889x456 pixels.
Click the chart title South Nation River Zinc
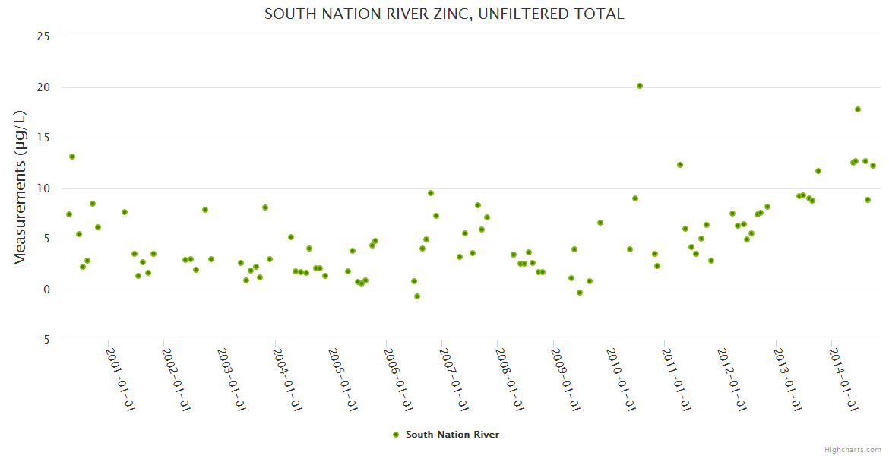[444, 14]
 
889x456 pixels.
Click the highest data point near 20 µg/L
[640, 86]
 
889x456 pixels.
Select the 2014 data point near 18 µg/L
[858, 109]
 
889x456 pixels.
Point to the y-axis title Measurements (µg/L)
[21, 188]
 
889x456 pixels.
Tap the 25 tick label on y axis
[43, 36]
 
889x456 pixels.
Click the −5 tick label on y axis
[41, 340]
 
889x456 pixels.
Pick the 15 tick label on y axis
[43, 138]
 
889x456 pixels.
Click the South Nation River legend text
[452, 435]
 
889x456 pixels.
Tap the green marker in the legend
[395, 435]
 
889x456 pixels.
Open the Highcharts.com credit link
[853, 449]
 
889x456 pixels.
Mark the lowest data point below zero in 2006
[417, 296]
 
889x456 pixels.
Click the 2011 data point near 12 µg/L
[680, 165]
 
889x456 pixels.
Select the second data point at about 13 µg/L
[72, 157]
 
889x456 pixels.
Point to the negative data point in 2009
[580, 293]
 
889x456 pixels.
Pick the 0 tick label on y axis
[46, 290]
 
